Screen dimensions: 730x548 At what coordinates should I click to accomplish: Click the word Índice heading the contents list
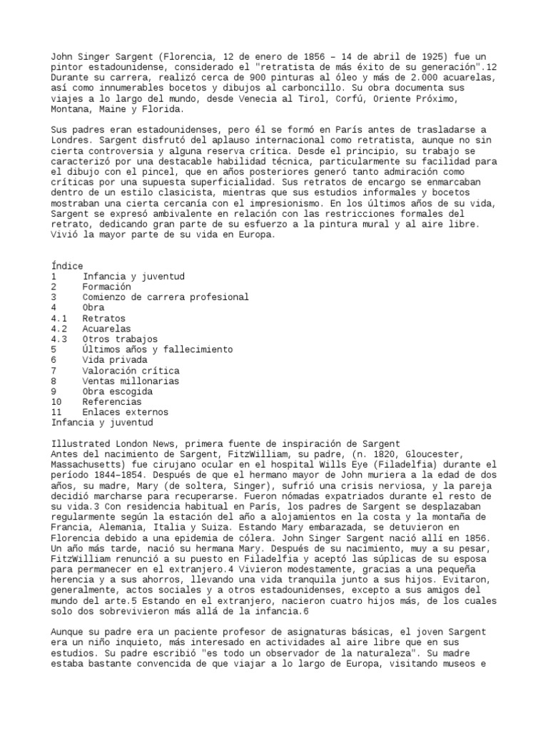[67, 266]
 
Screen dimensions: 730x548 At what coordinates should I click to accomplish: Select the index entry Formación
[107, 287]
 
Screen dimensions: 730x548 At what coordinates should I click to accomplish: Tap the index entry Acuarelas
[107, 329]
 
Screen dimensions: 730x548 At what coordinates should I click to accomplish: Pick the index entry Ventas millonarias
[130, 381]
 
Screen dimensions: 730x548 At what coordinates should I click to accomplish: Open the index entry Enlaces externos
[126, 412]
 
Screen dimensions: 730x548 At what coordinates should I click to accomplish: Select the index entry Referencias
[112, 401]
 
